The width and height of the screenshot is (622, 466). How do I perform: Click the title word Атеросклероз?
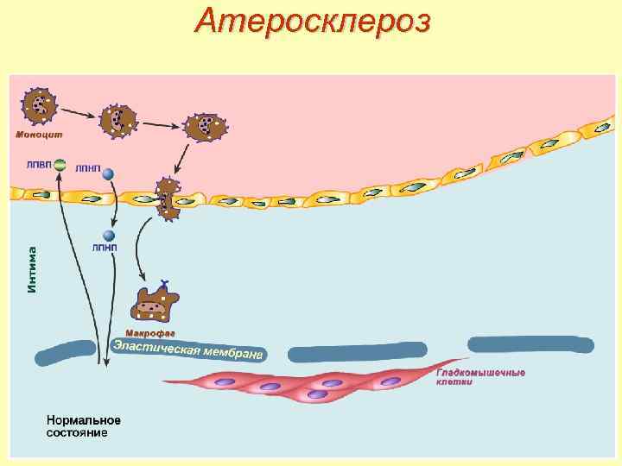coord(311,22)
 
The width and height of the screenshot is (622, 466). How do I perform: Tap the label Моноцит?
coord(39,134)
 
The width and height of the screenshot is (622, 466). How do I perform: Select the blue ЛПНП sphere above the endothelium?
coord(108,173)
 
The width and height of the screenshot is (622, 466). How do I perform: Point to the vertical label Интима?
coord(32,269)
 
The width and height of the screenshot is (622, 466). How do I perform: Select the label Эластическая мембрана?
coord(188,349)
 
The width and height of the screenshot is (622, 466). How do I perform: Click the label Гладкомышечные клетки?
coord(480,376)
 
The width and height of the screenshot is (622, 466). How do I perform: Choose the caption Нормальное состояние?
coord(83,426)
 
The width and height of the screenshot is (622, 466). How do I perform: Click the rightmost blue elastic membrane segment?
coord(530,344)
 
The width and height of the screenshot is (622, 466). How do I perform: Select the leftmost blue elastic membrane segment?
coord(65,353)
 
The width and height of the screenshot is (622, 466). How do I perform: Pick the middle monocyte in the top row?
coord(118,121)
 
